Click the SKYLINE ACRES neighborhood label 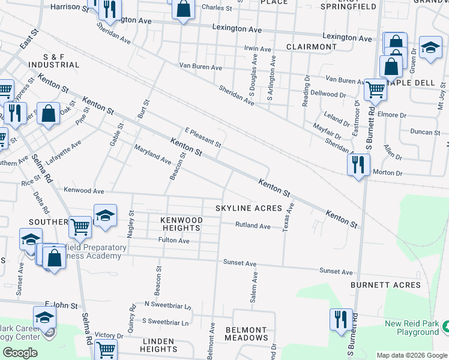249,208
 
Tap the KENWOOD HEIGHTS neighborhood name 181,224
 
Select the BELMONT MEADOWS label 246,334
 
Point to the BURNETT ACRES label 385,285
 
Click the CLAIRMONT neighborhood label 312,47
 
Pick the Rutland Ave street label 253,226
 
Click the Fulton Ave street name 174,241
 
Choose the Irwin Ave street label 259,48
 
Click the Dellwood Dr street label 324,94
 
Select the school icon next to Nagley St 105,216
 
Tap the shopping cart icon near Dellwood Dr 375,89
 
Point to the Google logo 20,353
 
